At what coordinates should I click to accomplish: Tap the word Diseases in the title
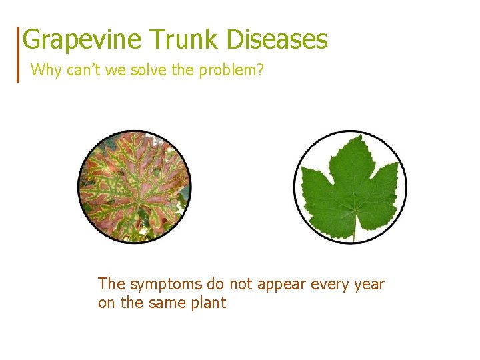pos(277,40)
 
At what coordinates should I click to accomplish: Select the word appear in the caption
pos(277,285)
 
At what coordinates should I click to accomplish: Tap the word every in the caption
pos(327,285)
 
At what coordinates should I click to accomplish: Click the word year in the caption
pos(370,285)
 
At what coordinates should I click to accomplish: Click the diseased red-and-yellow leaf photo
pos(134,186)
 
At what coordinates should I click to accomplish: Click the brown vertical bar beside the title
pos(18,54)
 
